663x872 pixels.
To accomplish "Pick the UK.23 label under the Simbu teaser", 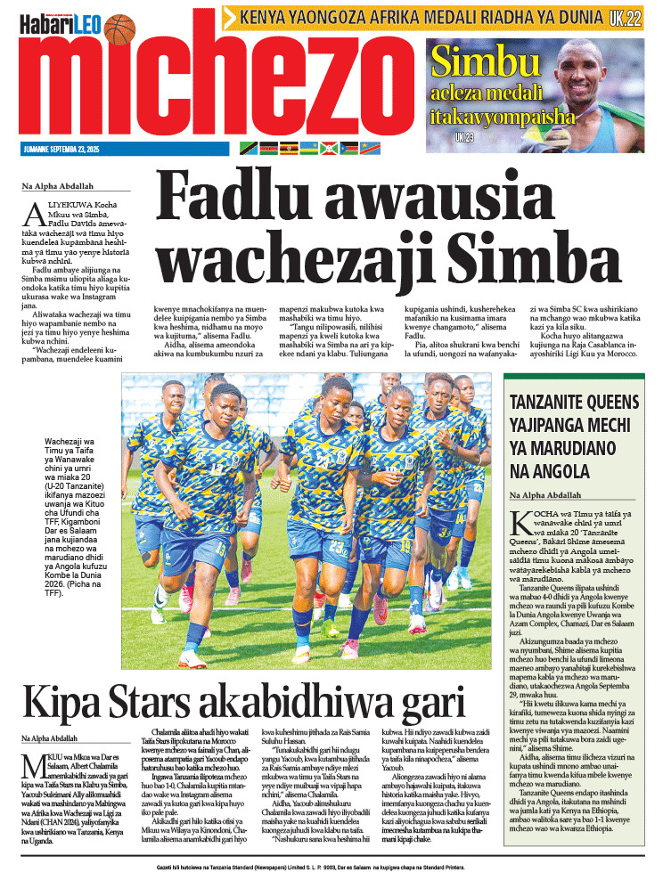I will pos(463,137).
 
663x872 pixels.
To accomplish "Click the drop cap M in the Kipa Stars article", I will pos(30,762).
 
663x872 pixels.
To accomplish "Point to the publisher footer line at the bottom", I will pos(331,864).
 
